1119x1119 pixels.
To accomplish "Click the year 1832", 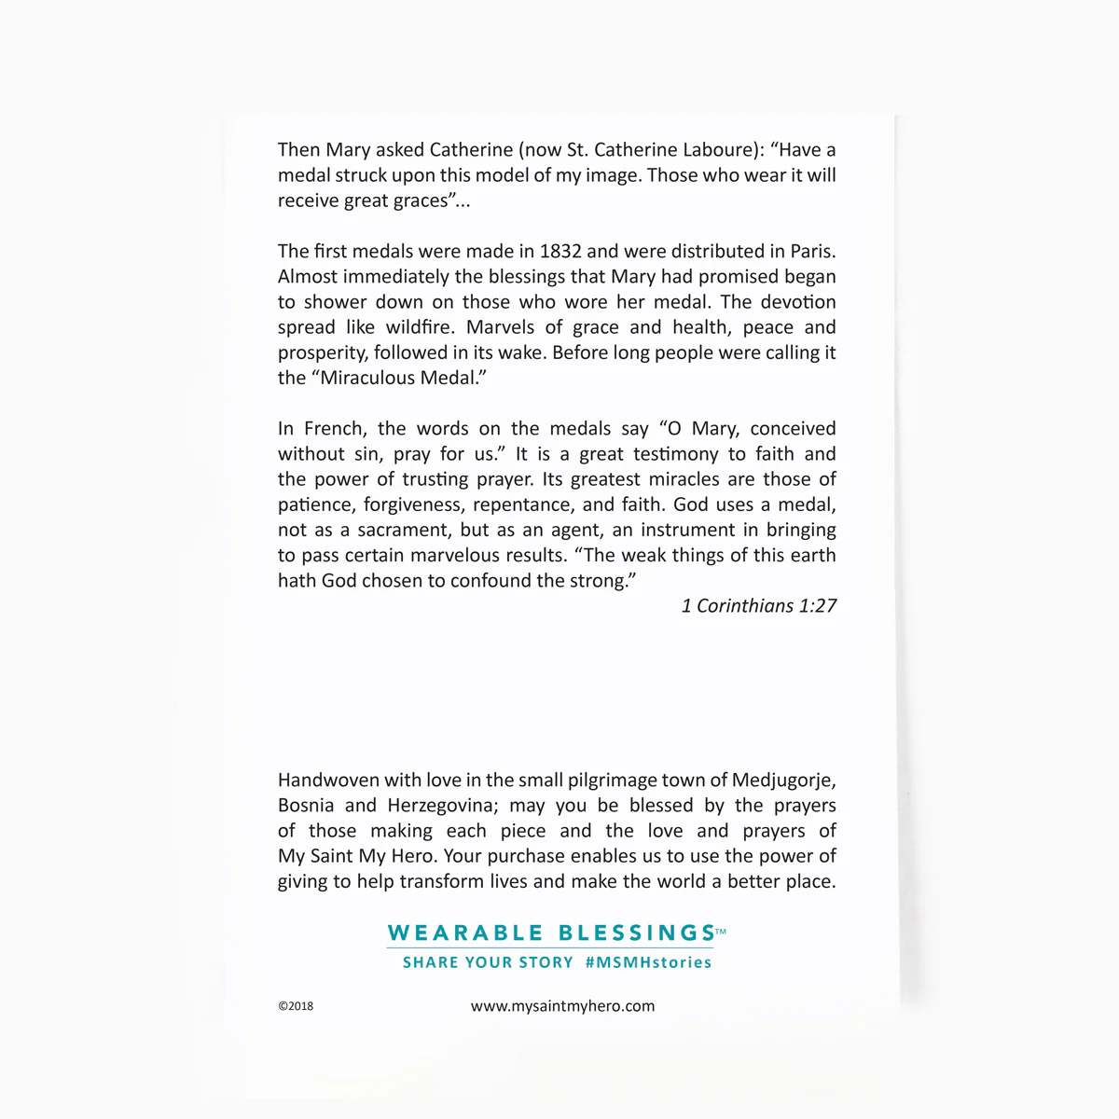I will tap(559, 251).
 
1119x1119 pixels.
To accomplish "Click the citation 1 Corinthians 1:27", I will tap(759, 606).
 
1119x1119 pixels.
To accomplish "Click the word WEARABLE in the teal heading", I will tap(465, 932).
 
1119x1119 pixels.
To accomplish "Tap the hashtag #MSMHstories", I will tap(648, 962).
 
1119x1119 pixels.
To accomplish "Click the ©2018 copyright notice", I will tap(296, 1006).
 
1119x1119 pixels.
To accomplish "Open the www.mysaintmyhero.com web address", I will tap(562, 1006).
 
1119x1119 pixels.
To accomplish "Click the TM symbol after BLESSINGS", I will tap(721, 930).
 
